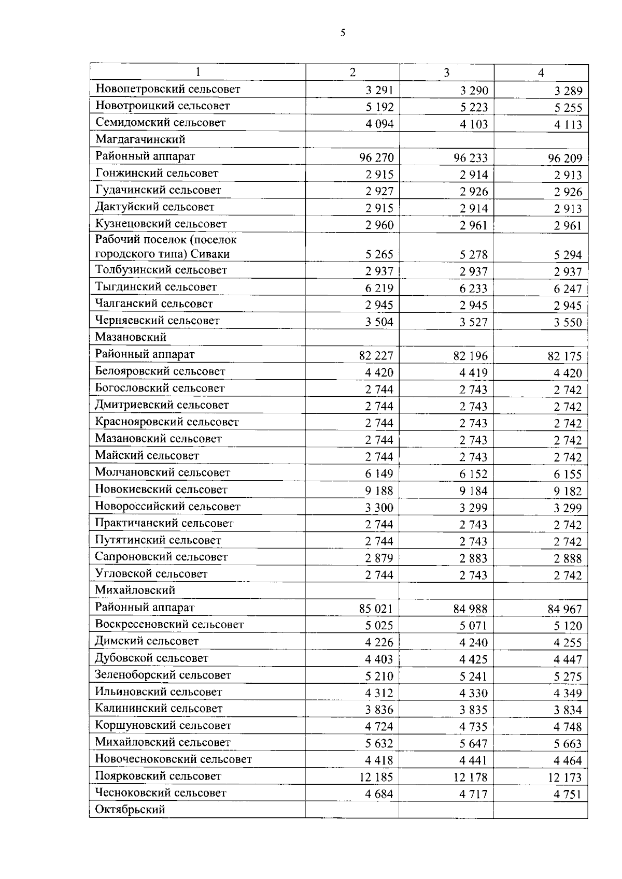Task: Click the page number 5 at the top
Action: [x=343, y=33]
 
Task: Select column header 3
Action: [x=446, y=73]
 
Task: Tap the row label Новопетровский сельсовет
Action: [x=167, y=89]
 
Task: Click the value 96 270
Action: [x=376, y=157]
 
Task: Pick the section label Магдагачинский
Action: [x=140, y=139]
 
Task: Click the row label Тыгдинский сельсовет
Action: [x=155, y=287]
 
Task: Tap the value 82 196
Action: [x=471, y=356]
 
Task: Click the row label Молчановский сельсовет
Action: [x=162, y=472]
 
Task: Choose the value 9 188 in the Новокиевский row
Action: [x=379, y=491]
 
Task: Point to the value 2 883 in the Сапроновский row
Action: [x=473, y=558]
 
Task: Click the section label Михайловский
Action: [x=135, y=590]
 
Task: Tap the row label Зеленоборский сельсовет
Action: [x=163, y=675]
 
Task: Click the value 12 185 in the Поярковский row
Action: [x=376, y=777]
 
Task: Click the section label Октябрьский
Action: [x=130, y=810]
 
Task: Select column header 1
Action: [x=197, y=72]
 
